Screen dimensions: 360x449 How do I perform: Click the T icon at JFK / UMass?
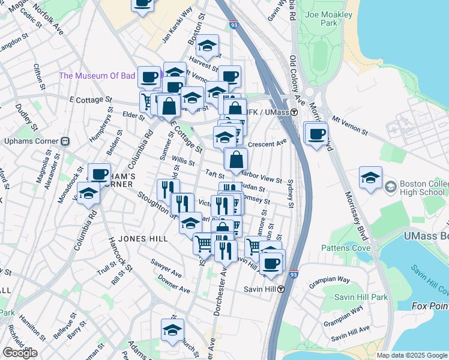click(295, 112)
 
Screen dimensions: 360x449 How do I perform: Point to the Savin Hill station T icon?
click(280, 289)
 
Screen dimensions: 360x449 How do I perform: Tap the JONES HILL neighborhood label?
click(143, 239)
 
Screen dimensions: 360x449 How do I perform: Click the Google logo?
click(20, 353)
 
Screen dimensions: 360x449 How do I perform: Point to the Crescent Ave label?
click(268, 144)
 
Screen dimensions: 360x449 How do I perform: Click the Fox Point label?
click(430, 306)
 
